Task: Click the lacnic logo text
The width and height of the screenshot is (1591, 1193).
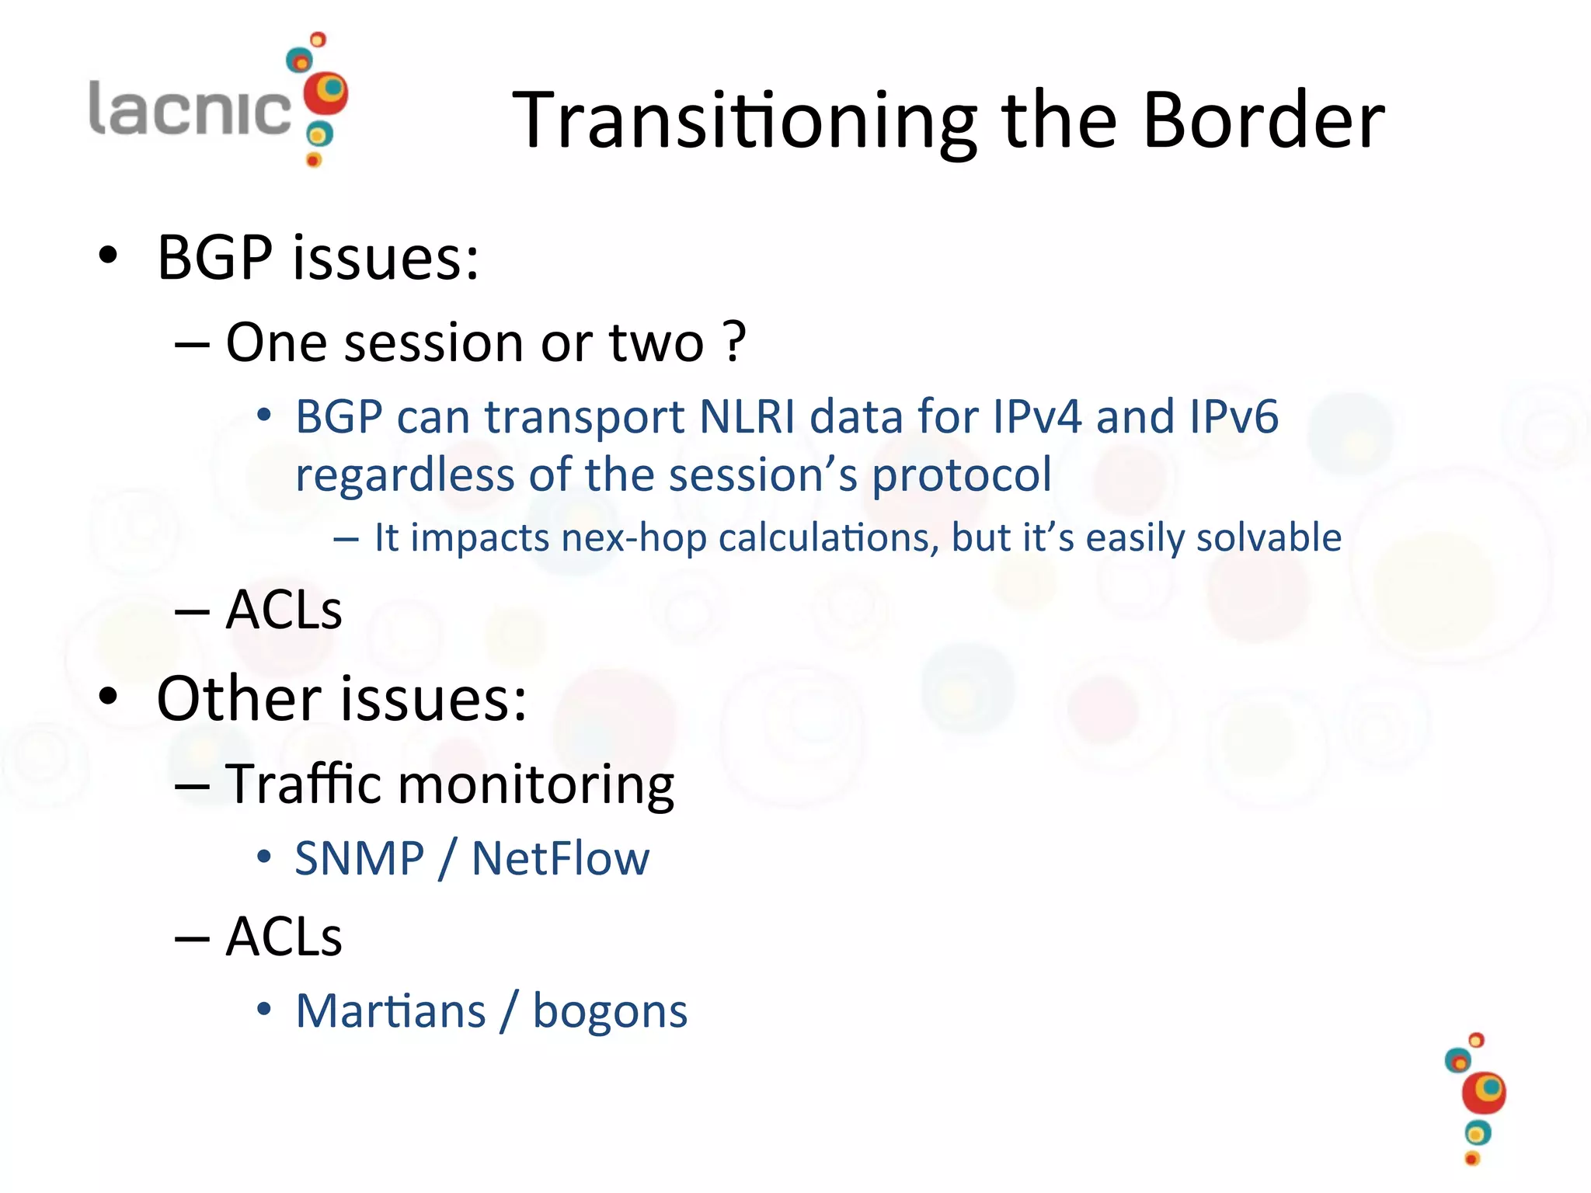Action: tap(190, 109)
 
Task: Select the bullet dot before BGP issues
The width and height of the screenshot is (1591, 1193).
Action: tap(108, 256)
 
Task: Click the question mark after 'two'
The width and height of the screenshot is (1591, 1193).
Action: tap(734, 342)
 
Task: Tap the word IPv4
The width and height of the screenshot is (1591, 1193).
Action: tap(1037, 417)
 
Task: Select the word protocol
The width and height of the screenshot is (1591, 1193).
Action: tap(962, 475)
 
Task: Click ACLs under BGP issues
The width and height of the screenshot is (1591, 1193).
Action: tap(284, 610)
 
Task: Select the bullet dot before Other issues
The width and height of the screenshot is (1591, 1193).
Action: tap(108, 697)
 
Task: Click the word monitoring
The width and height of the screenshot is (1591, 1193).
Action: tap(536, 785)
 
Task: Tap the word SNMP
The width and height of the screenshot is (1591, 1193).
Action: tap(359, 859)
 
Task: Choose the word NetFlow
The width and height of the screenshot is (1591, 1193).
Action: tap(560, 859)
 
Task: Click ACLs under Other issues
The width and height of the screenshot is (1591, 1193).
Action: tap(284, 937)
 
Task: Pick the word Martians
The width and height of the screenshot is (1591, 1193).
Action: tap(391, 1011)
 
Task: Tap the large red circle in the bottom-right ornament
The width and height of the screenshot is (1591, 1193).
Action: tap(1483, 1094)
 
